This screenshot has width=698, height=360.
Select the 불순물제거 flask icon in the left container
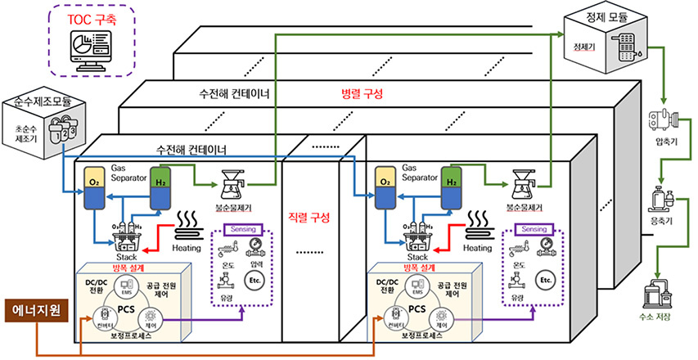236,185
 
